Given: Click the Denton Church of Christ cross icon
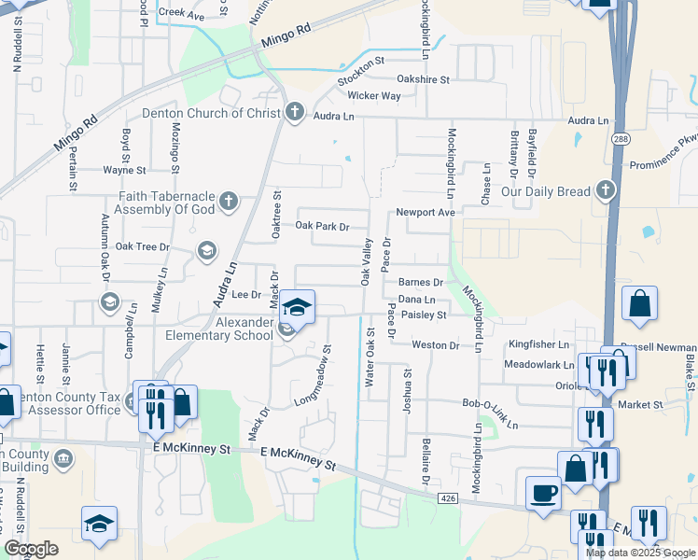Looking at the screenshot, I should [x=295, y=114].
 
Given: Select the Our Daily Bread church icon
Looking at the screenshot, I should [x=606, y=191].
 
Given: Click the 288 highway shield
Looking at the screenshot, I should [x=621, y=139].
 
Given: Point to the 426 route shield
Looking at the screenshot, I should [x=448, y=499].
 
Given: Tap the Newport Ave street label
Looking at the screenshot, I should [x=426, y=213].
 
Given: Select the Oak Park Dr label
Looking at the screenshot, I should [x=322, y=226].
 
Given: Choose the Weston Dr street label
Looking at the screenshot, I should [x=436, y=345].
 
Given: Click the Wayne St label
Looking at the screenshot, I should [x=124, y=171].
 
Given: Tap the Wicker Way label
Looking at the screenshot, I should [x=374, y=96].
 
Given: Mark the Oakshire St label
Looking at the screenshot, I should [x=424, y=79].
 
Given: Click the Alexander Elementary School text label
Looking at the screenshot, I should [x=218, y=329].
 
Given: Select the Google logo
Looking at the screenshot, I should [x=31, y=549].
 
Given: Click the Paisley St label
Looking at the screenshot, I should [x=425, y=315].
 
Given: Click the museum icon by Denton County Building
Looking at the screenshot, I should [x=63, y=458].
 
